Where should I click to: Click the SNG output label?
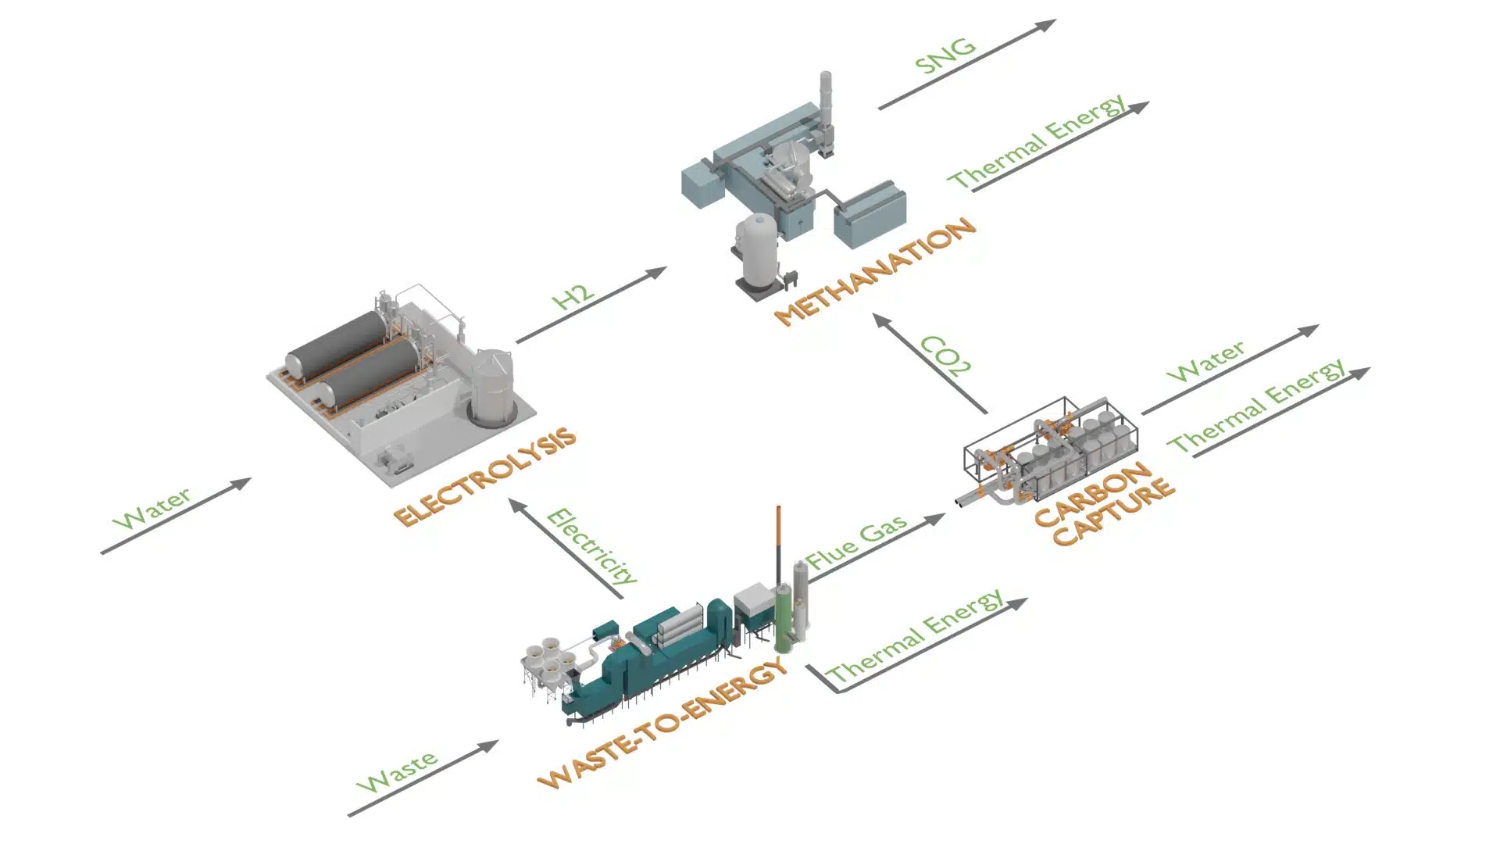(x=946, y=55)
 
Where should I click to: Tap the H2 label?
(x=573, y=297)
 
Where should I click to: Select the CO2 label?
(x=945, y=356)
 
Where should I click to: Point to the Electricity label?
(x=591, y=546)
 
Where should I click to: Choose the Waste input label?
(x=397, y=771)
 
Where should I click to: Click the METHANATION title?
(x=876, y=271)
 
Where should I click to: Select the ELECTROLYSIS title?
(x=485, y=477)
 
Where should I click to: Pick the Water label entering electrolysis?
(x=152, y=508)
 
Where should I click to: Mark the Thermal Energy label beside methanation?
(x=1037, y=142)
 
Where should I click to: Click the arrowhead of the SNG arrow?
(x=1047, y=25)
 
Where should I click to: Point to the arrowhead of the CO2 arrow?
(x=881, y=320)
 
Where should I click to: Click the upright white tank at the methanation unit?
(x=758, y=250)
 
